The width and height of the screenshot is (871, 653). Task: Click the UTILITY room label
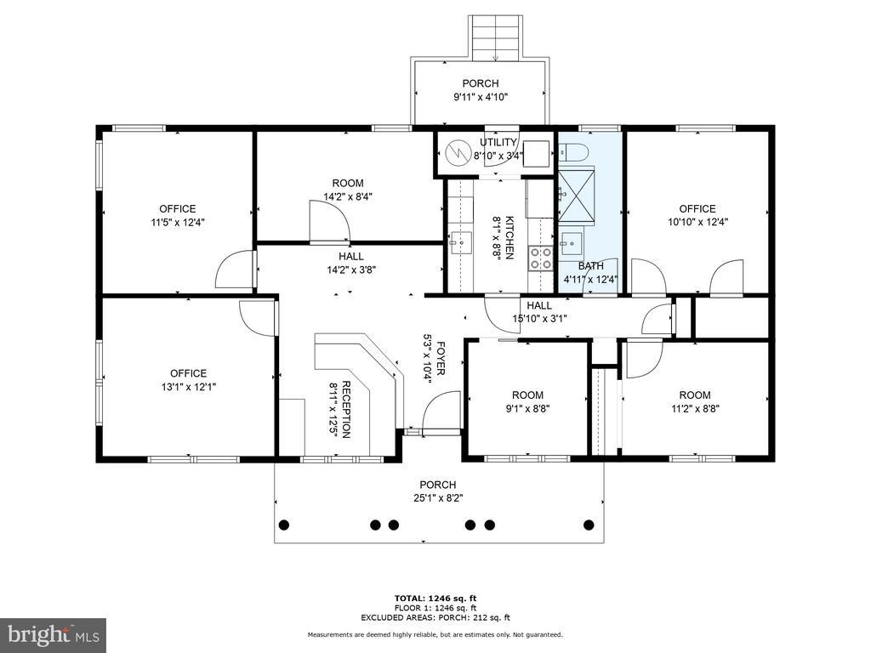pyautogui.click(x=498, y=142)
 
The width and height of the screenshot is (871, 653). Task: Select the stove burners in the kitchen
pyautogui.click(x=540, y=258)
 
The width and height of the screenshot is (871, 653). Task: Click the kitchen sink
pyautogui.click(x=460, y=242)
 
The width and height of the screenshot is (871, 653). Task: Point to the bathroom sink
pyautogui.click(x=571, y=242)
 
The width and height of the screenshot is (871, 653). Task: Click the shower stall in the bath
pyautogui.click(x=576, y=195)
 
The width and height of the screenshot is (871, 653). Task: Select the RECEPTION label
pyautogui.click(x=345, y=410)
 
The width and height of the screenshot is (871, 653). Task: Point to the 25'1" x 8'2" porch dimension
pyautogui.click(x=438, y=498)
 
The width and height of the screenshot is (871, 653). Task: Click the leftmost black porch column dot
pyautogui.click(x=284, y=524)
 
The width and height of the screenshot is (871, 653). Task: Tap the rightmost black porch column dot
pyautogui.click(x=589, y=524)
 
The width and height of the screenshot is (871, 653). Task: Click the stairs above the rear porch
pyautogui.click(x=496, y=37)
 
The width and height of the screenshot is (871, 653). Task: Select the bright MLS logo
pyautogui.click(x=54, y=634)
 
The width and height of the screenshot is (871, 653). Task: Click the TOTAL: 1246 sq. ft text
pyautogui.click(x=435, y=598)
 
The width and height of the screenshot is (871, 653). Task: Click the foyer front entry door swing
pyautogui.click(x=441, y=411)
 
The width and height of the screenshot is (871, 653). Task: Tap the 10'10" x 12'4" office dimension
pyautogui.click(x=697, y=222)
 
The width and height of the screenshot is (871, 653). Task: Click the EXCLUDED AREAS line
pyautogui.click(x=435, y=617)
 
